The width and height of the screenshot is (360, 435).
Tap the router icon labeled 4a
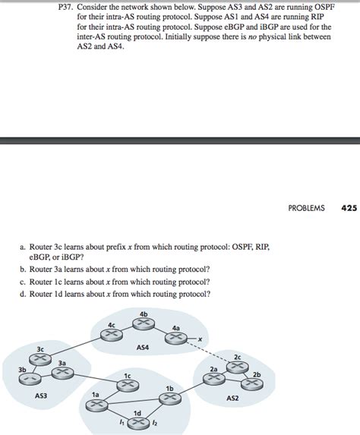[x=176, y=339]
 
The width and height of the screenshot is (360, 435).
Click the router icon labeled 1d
[x=137, y=421]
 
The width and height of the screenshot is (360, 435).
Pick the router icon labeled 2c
[x=237, y=365]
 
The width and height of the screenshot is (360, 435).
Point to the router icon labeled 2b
[x=252, y=383]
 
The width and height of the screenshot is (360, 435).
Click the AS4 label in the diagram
[x=143, y=347]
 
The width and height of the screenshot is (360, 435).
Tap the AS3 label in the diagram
[x=40, y=395]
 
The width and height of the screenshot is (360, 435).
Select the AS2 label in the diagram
[x=232, y=397]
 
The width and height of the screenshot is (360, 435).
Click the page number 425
[x=349, y=187]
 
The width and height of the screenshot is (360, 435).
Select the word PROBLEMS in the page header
[x=306, y=187]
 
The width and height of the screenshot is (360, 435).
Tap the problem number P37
[x=68, y=6]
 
